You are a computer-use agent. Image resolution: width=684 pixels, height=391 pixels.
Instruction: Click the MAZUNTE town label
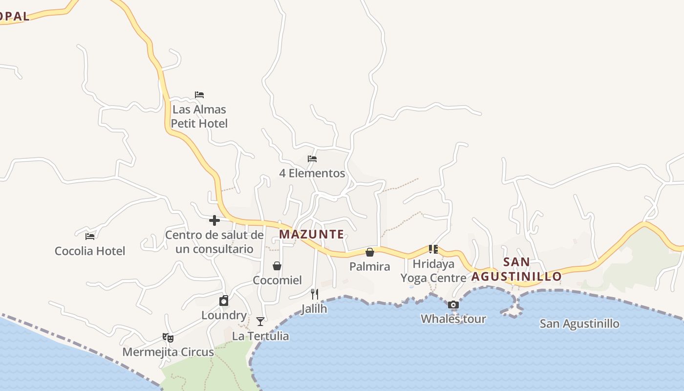point(311,234)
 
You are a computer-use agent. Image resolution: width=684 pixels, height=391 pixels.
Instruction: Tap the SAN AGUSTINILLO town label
point(516,269)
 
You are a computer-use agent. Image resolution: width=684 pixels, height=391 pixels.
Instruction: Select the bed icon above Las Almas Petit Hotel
point(199,95)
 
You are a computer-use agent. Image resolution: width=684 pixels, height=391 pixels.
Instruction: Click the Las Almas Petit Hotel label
point(199,116)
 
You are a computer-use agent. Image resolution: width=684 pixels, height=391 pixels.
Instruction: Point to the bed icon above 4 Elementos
point(312,159)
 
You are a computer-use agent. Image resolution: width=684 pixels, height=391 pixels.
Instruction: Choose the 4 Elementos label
point(312,173)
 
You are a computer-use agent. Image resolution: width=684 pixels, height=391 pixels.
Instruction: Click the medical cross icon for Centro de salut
point(214,220)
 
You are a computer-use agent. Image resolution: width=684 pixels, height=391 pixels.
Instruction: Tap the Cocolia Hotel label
point(90,251)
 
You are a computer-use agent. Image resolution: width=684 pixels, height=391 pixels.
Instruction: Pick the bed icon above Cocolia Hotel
point(90,237)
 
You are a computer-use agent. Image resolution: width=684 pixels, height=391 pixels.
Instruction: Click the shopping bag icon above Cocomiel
point(277,266)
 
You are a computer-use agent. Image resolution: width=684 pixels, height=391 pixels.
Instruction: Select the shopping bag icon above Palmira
point(370,252)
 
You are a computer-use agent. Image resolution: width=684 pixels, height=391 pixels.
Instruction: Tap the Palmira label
point(370,266)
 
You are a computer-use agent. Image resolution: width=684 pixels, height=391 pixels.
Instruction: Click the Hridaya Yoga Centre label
point(433,271)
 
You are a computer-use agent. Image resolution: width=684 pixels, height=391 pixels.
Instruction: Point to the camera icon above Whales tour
point(453,305)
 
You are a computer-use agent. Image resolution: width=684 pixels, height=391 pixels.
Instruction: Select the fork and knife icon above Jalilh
point(315,294)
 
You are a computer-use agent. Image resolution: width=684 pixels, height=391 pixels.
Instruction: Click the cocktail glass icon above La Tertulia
point(260,321)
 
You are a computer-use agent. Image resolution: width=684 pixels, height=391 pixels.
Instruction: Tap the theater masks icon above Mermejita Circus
point(168,337)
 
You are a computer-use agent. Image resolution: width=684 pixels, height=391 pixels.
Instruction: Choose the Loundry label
point(224,315)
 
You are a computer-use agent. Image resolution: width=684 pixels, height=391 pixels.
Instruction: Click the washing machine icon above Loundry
point(224,301)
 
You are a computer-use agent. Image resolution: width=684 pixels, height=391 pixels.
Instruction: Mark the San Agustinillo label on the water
point(579,324)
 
